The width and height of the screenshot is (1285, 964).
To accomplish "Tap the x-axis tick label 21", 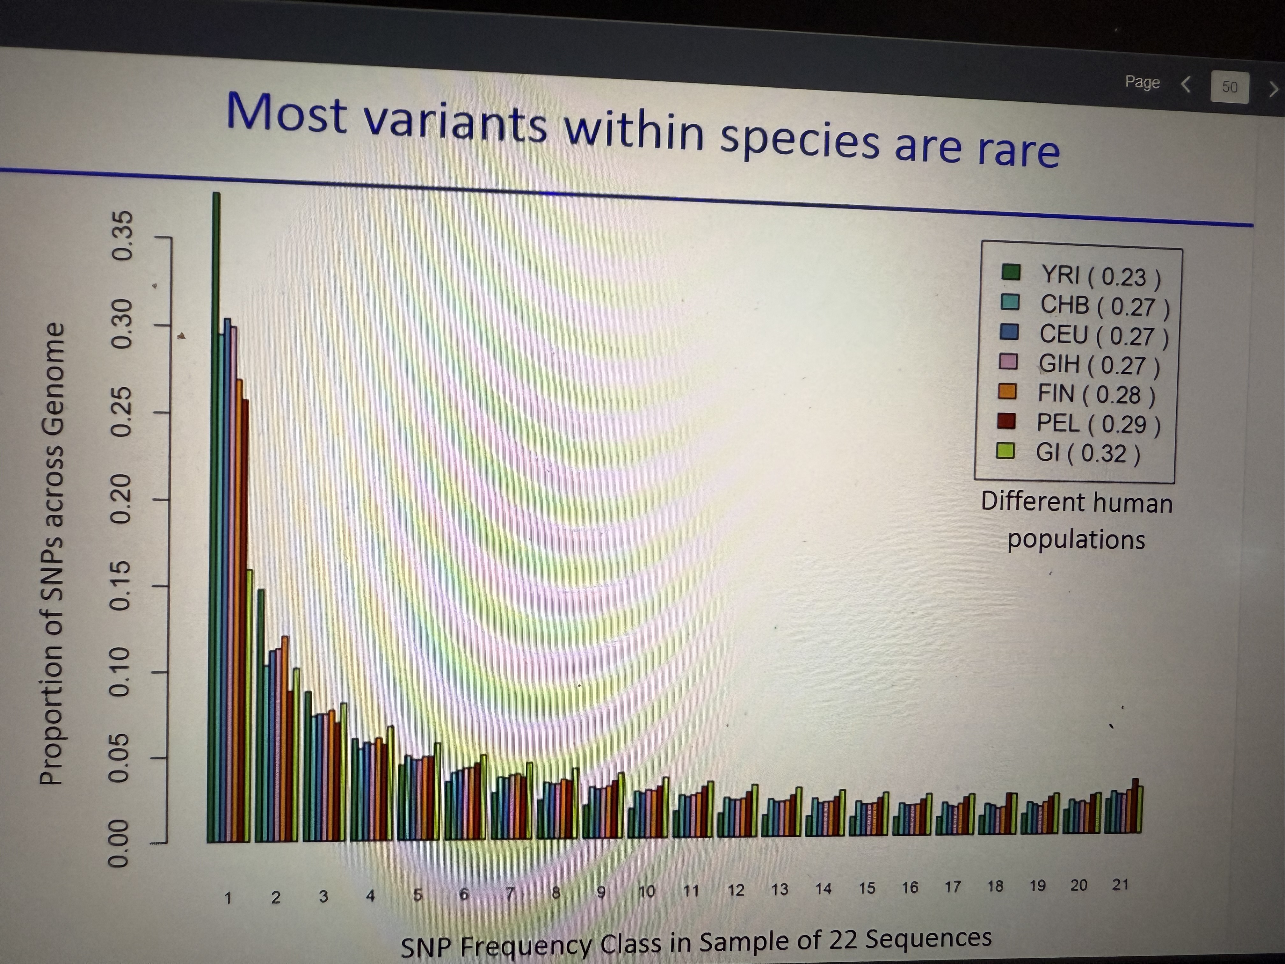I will click(x=1120, y=885).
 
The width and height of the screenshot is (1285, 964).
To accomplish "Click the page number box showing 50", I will click(x=1229, y=87).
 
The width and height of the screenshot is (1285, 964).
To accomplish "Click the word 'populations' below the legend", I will click(x=1076, y=540).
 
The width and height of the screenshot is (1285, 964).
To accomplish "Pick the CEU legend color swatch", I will click(x=1010, y=332).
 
